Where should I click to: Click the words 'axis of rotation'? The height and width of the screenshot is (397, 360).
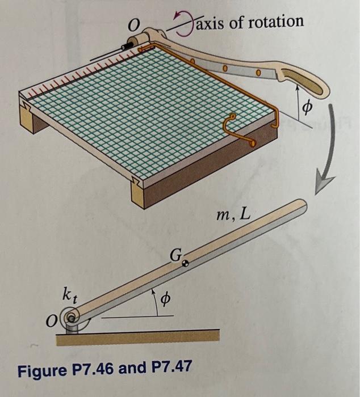(249, 22)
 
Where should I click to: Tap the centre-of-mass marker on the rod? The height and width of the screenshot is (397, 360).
(184, 263)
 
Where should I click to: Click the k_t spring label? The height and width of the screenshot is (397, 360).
(68, 294)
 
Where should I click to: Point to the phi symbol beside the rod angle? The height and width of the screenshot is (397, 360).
(168, 299)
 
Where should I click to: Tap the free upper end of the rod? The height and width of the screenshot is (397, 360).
(299, 205)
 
